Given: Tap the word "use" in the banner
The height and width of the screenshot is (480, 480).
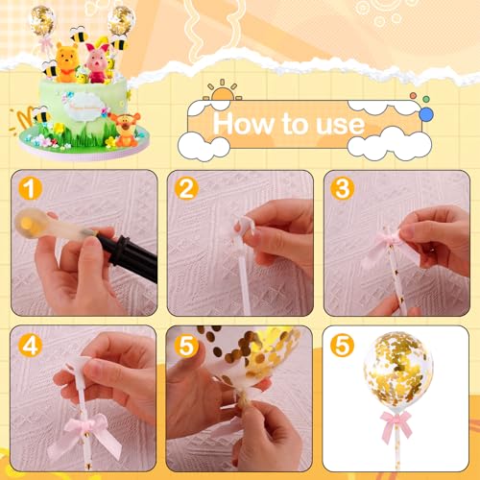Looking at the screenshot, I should click(337, 125).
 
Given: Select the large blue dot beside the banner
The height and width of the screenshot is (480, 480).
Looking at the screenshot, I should click(426, 113).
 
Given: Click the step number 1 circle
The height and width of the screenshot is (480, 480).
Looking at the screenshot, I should click(31, 189).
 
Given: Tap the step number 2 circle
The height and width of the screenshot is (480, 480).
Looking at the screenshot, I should click(186, 189).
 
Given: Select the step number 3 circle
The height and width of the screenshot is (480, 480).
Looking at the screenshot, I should click(343, 189).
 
